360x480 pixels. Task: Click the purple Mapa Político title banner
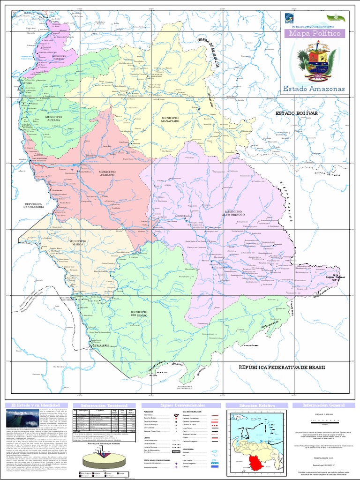tap(315, 34)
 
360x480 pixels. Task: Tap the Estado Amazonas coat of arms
tap(315, 61)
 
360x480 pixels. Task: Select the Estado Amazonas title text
tap(315, 89)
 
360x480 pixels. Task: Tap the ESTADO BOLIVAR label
tap(297, 114)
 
